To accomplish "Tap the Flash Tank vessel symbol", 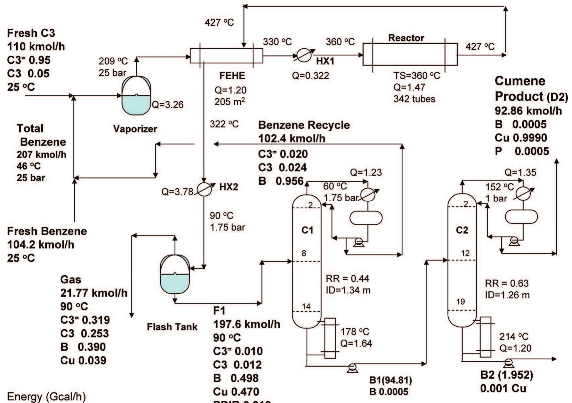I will (175, 274).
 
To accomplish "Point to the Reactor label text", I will (406, 38).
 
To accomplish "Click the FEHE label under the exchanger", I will (232, 76).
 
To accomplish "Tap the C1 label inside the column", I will (307, 230).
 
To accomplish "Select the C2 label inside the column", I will (462, 230).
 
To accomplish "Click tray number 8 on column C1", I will (304, 253).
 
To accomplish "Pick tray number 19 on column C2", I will (460, 302).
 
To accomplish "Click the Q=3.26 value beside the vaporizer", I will (168, 105).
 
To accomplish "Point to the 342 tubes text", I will (414, 99).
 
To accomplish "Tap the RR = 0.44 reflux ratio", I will (347, 278).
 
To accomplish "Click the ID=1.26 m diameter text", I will (507, 295).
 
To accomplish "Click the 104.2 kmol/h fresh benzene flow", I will (41, 245).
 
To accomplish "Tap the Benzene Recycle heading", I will (304, 125).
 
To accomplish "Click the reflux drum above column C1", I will (366, 218).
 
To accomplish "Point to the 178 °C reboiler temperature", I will (355, 332).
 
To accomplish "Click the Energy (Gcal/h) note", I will (46, 397).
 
